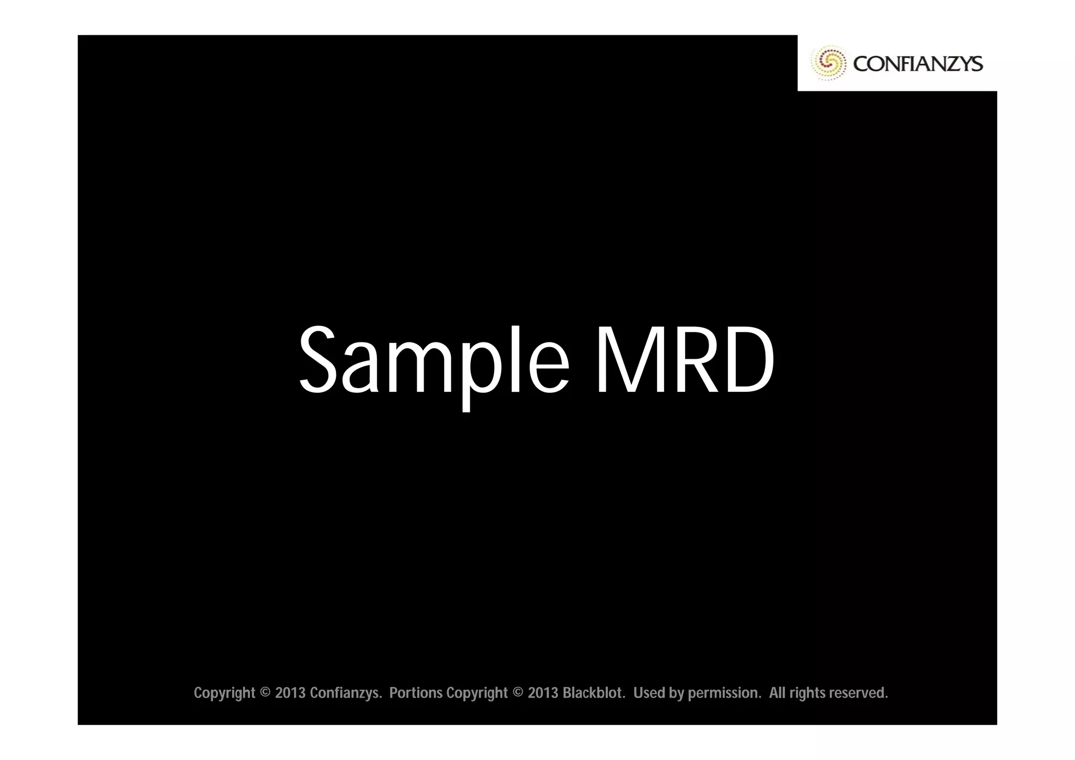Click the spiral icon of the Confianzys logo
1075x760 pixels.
coord(828,64)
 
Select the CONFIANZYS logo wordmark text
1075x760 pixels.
coord(918,64)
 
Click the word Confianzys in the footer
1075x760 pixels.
coord(345,693)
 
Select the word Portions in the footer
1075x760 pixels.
coord(416,693)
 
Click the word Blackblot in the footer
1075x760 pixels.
coord(594,693)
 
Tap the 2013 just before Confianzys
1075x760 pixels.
coord(290,693)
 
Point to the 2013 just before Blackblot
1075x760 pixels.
coord(543,693)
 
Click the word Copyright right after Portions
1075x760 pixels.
coord(477,693)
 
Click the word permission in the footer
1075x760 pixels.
coord(724,693)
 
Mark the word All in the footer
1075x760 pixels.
coord(777,693)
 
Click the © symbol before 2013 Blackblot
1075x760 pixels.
coord(518,693)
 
